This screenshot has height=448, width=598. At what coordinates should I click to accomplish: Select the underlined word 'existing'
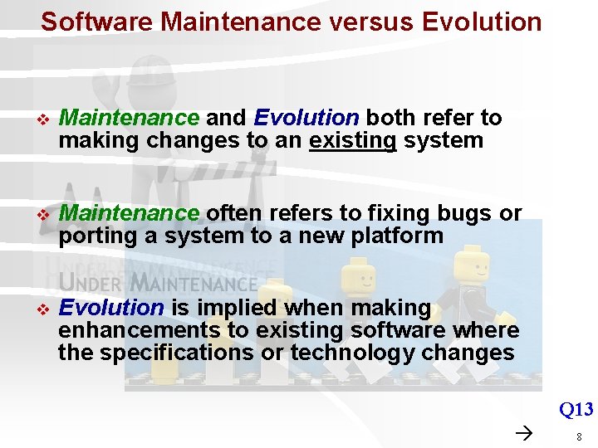click(352, 140)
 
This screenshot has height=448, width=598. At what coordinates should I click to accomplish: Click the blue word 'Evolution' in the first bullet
click(306, 118)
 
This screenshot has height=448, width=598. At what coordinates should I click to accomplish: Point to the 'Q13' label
click(576, 409)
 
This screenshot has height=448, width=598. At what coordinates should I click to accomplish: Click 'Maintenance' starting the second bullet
click(129, 213)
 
